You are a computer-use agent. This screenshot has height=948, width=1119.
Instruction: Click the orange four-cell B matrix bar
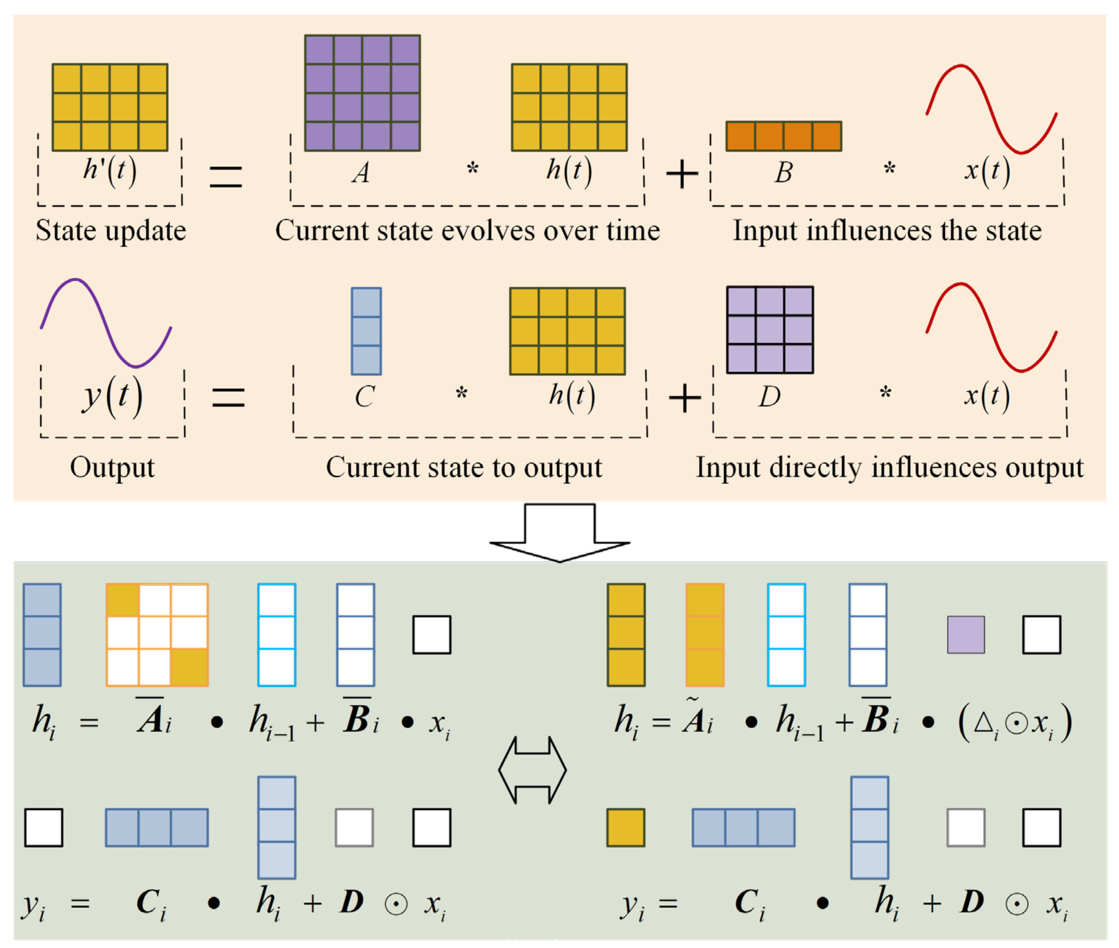783,136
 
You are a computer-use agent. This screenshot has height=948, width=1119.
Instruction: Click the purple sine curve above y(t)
106,322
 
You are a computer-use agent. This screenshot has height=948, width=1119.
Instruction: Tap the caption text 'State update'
111,231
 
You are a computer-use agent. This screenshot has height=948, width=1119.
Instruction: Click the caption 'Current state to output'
464,468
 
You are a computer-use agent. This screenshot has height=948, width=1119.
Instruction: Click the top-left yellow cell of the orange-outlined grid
123,600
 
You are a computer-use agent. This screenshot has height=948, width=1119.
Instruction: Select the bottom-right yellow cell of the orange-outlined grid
189,667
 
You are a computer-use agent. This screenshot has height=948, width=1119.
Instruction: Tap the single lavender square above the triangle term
965,635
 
